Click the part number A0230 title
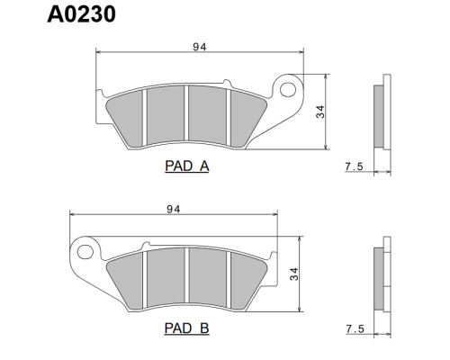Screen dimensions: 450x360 [x=81, y=14]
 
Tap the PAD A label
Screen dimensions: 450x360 [x=187, y=166]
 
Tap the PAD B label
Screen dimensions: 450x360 [x=186, y=328]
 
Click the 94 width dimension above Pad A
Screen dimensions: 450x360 [x=200, y=47]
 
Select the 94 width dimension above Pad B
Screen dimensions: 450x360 [x=174, y=209]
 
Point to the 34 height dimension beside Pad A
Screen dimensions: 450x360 [x=320, y=112]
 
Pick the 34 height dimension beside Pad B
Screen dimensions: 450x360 [x=294, y=274]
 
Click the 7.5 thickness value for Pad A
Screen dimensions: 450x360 [x=354, y=166]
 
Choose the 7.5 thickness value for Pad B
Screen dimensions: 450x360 [x=355, y=329]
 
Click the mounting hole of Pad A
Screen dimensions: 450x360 [x=288, y=89]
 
